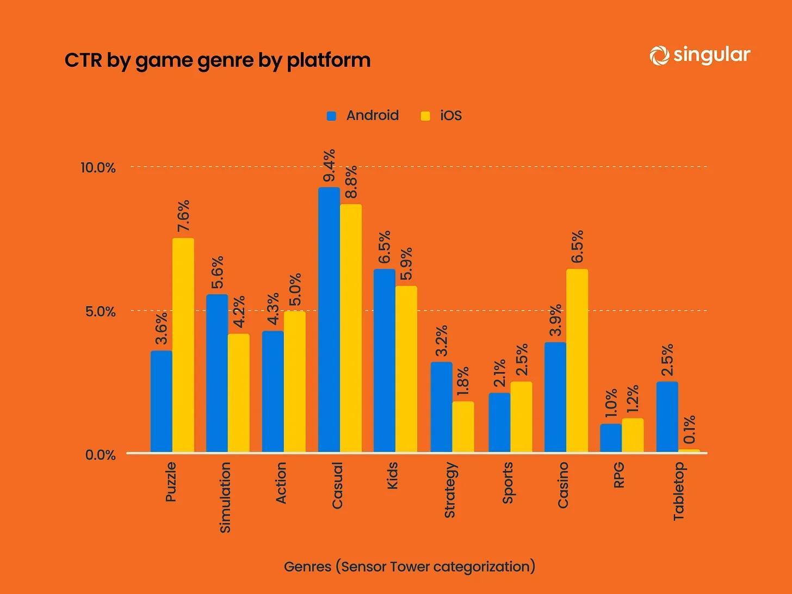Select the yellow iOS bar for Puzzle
183,345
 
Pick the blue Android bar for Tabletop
667,417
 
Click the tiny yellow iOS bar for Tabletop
689,450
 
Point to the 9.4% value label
329,165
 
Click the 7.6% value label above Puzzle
183,216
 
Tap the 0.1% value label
689,430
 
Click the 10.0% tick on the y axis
98,168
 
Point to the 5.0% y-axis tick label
101,312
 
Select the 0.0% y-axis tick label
101,455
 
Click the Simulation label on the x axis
225,497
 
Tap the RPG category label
618,475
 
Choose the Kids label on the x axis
393,475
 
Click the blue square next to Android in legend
331,116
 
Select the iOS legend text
451,115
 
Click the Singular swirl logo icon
659,55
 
